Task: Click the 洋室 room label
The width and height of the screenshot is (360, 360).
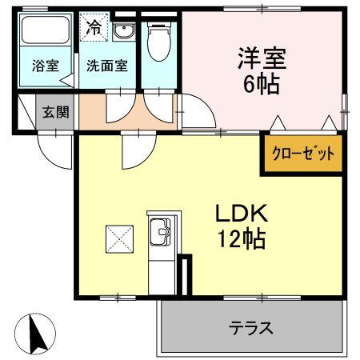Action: (x=261, y=58)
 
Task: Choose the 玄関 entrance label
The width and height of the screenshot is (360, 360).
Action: (x=56, y=113)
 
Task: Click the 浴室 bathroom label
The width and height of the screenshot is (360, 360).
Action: (x=45, y=66)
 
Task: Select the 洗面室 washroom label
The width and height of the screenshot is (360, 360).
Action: (x=107, y=66)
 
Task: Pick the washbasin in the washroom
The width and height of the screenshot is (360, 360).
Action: (x=123, y=33)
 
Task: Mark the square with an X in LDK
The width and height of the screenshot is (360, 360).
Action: (x=118, y=238)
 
